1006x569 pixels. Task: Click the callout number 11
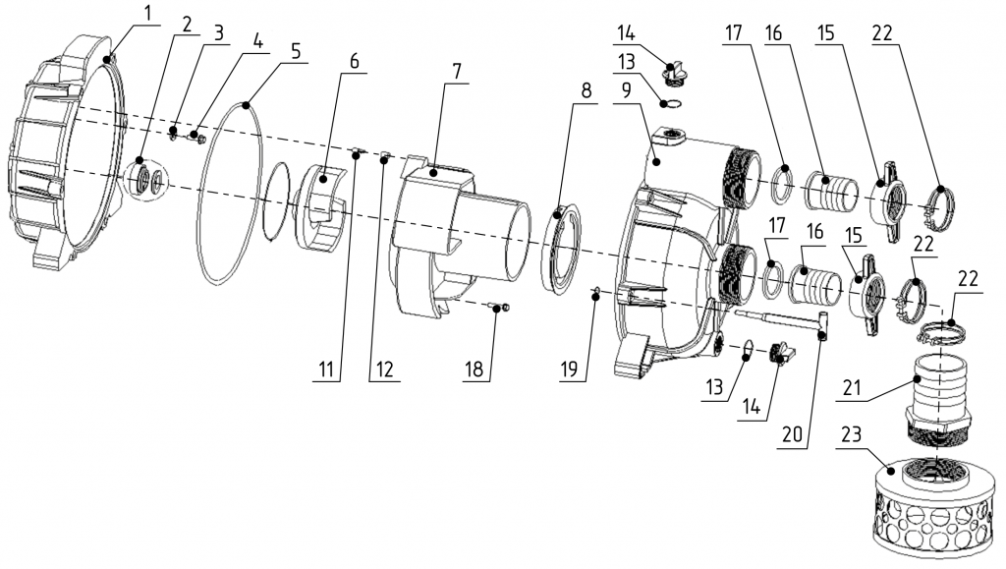coord(328,370)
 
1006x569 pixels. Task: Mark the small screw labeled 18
coord(501,310)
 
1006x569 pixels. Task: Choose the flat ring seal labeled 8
coord(561,251)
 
